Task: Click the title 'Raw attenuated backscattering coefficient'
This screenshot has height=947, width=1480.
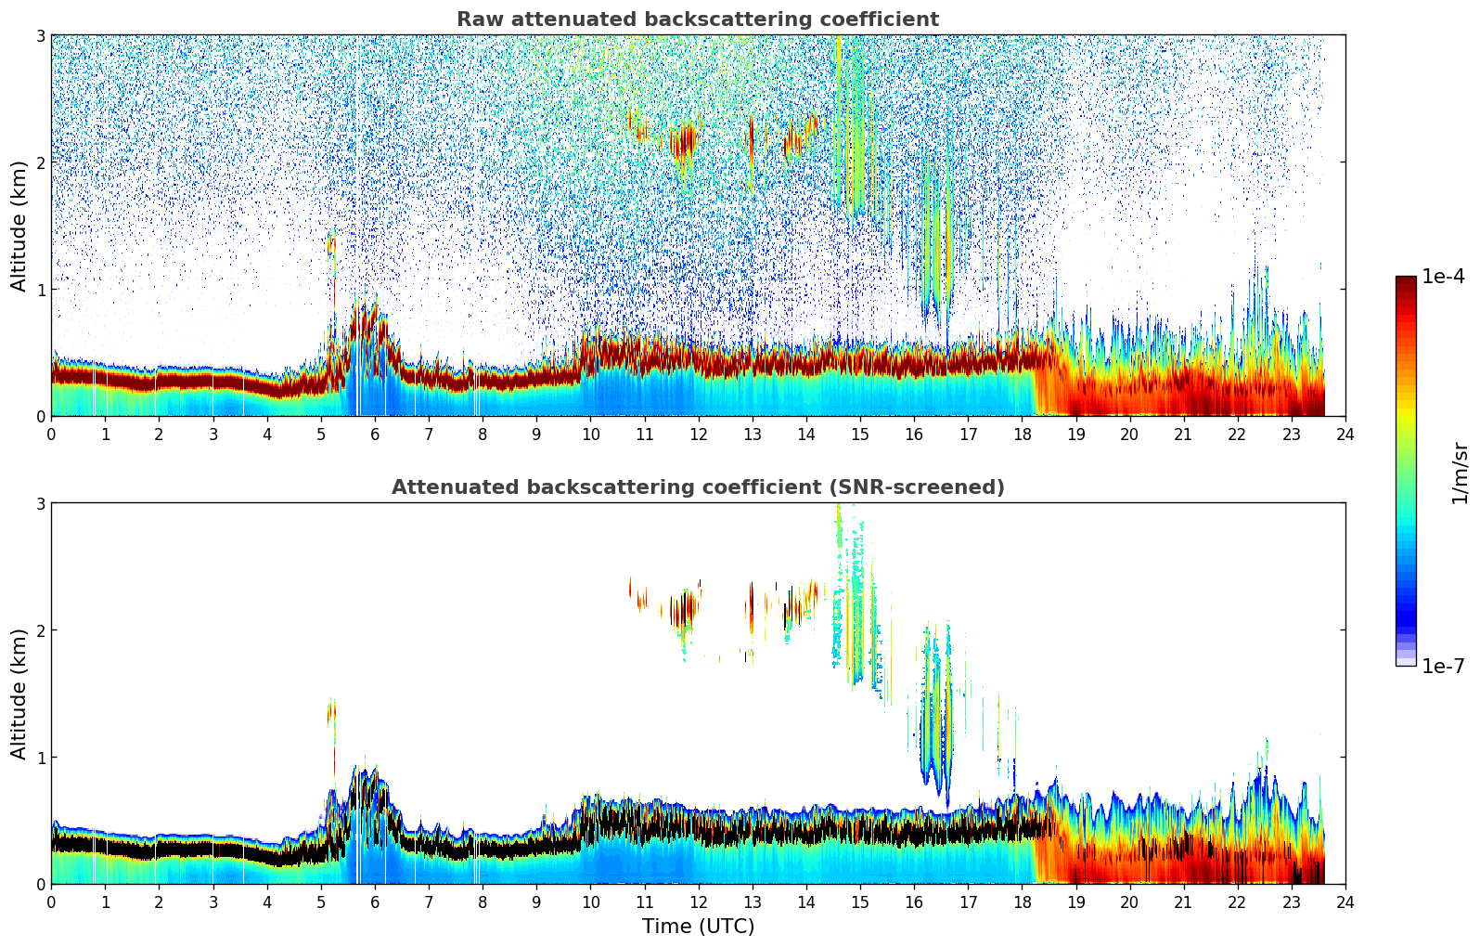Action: [697, 19]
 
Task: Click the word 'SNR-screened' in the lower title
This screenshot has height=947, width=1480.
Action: [937, 487]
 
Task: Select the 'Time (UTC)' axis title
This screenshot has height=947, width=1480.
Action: [698, 927]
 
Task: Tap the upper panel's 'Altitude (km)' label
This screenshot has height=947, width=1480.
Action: [19, 225]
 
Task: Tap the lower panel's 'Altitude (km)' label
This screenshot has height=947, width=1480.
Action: [19, 694]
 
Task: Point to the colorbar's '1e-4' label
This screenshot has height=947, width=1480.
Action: [1443, 277]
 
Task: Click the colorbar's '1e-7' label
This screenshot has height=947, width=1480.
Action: [1443, 666]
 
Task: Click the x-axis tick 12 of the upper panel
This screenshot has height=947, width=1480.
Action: [698, 434]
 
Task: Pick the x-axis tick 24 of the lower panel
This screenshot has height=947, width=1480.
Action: [1345, 902]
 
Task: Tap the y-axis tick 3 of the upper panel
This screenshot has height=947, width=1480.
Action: [40, 35]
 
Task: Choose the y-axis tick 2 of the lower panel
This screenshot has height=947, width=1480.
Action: [40, 630]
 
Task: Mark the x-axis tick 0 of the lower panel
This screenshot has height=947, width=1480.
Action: [51, 902]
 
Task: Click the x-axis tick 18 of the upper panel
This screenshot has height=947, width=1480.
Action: [1022, 434]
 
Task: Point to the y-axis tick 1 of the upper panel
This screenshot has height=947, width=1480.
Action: [40, 290]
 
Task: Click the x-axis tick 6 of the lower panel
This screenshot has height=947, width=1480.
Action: [374, 902]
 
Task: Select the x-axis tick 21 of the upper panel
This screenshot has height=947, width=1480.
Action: [1183, 434]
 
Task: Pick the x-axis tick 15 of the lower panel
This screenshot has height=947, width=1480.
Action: [860, 902]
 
